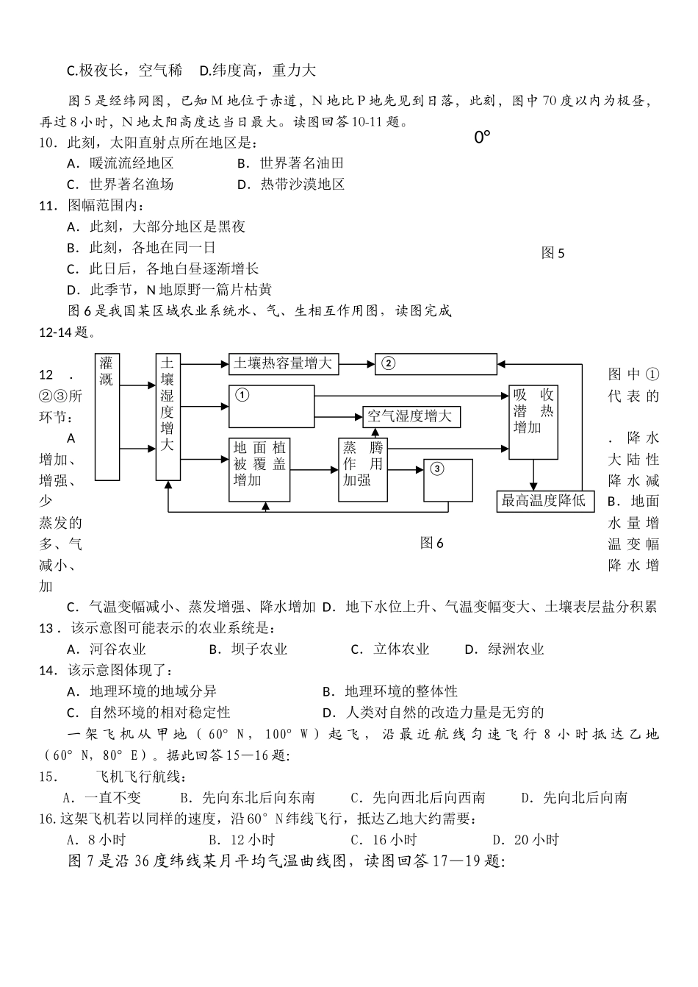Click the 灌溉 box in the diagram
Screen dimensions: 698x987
click(x=107, y=416)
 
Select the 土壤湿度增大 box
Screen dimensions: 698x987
click(x=168, y=416)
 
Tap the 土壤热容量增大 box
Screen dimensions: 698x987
click(x=283, y=363)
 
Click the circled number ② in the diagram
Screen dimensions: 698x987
click(x=389, y=363)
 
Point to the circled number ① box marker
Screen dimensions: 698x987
click(x=242, y=395)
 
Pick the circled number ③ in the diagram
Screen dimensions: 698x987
click(x=437, y=468)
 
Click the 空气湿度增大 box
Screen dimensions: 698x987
click(x=411, y=417)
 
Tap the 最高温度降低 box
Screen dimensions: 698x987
click(x=544, y=501)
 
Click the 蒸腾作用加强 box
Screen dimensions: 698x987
click(x=362, y=470)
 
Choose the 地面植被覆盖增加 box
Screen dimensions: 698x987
click(x=259, y=470)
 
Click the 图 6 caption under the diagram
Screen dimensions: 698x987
click(x=432, y=543)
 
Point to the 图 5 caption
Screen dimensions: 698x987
click(x=553, y=253)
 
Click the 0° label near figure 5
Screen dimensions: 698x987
click(x=482, y=137)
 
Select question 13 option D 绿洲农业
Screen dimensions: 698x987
click(x=505, y=649)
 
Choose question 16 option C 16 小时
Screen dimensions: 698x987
click(x=384, y=840)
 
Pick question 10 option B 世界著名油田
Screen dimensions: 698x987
click(x=292, y=163)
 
